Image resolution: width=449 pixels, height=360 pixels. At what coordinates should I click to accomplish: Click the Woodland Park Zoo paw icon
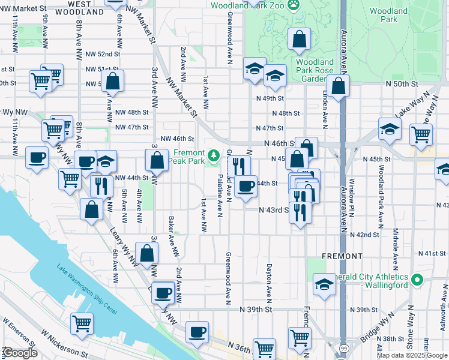click(294, 5)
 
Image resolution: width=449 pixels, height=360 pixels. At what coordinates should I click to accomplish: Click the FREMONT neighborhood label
click(342, 256)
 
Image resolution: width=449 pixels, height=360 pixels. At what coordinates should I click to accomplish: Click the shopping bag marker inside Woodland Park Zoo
click(299, 40)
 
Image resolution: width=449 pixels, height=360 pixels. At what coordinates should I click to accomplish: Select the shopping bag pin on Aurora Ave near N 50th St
click(339, 86)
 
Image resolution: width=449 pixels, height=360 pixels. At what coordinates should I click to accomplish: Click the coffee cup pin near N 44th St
click(245, 187)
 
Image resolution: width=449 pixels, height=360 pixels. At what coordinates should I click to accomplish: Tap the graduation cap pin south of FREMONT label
click(324, 284)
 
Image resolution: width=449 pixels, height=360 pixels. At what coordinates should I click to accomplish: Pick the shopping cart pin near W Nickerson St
click(82, 323)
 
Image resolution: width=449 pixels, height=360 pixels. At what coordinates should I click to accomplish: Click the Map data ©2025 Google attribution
click(412, 355)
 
